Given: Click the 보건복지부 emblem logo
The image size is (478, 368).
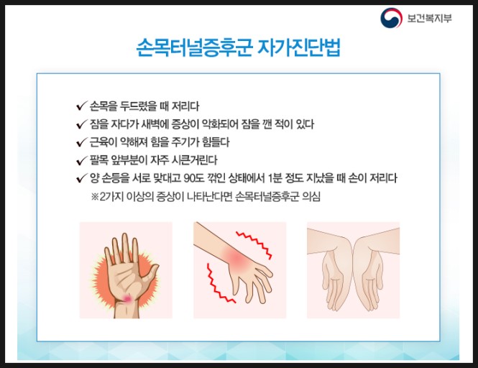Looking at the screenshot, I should (392, 18).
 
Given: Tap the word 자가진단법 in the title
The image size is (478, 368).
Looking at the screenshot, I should (300, 49).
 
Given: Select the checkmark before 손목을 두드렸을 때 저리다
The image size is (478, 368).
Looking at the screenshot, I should (81, 106).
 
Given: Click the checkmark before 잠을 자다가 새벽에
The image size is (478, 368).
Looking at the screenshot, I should (81, 124).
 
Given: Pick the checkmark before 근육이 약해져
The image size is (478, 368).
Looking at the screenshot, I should (81, 141).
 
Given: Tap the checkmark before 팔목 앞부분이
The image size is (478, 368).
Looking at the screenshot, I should (81, 159).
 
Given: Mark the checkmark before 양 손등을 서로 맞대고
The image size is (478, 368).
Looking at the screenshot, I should (81, 177).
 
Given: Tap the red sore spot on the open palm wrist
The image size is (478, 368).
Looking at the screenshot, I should (127, 296).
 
